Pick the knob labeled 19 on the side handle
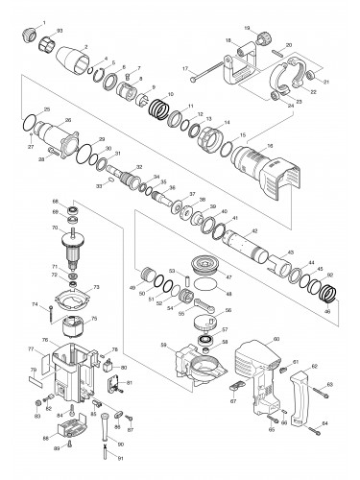(x=259, y=41)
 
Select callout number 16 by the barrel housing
(x=270, y=144)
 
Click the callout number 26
(x=68, y=120)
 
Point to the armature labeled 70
(x=69, y=244)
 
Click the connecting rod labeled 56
(x=204, y=316)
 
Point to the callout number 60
(x=276, y=339)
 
